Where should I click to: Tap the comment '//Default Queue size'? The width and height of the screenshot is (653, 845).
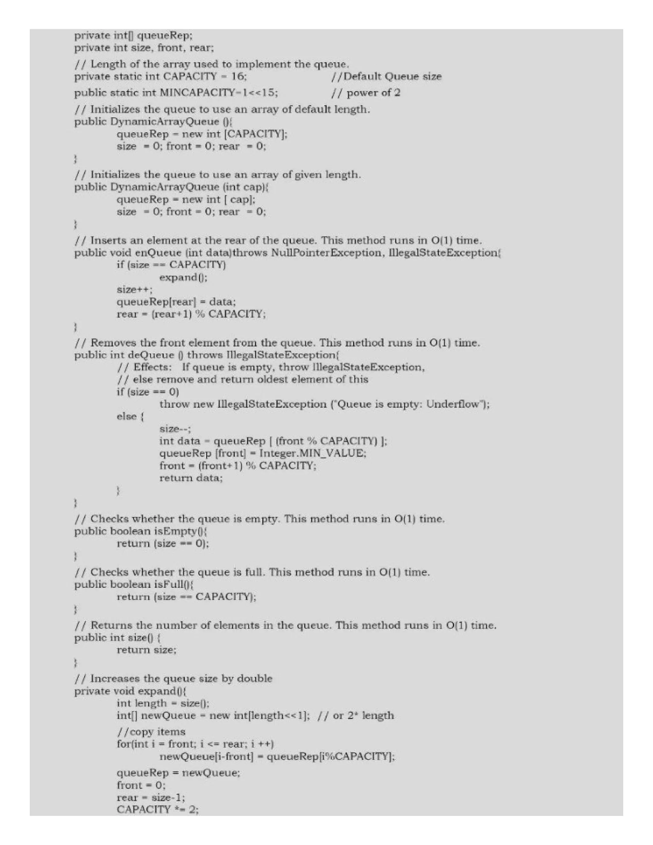[x=386, y=76]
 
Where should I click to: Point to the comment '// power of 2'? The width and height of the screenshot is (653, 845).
[x=366, y=93]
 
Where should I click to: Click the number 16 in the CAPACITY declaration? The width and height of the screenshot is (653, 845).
[x=238, y=76]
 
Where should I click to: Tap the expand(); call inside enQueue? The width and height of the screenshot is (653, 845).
[x=183, y=277]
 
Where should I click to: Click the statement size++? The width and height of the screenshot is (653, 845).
[x=135, y=290]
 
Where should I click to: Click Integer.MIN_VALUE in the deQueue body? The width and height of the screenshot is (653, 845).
[x=312, y=453]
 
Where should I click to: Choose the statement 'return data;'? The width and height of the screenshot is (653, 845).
[x=191, y=478]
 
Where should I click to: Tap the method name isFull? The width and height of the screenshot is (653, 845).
[x=169, y=584]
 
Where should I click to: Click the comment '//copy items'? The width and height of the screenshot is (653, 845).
[x=151, y=731]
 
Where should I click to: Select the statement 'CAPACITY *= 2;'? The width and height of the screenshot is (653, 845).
[x=158, y=809]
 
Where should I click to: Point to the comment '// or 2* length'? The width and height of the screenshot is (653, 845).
[x=356, y=716]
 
